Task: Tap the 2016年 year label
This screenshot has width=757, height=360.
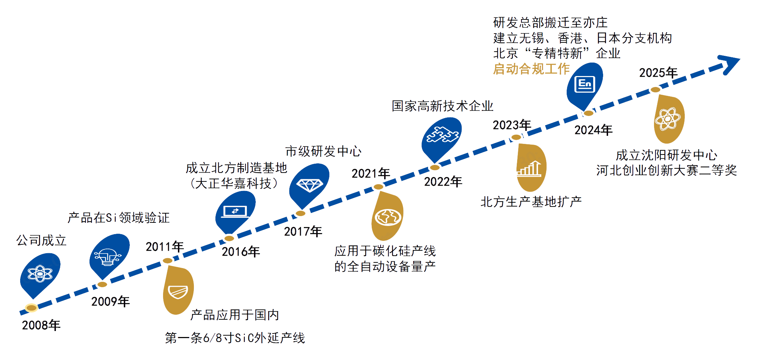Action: [240, 251]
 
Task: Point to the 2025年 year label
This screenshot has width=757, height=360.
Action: [658, 72]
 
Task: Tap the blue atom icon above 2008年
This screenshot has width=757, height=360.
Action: [40, 273]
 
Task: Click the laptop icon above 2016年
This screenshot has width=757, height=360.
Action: [235, 211]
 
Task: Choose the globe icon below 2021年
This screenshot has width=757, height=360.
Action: [388, 217]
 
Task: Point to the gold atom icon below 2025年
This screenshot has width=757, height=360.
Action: [667, 119]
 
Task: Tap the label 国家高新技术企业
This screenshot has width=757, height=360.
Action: [443, 106]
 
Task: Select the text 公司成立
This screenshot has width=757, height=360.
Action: [41, 240]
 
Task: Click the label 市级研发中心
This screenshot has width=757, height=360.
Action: [323, 151]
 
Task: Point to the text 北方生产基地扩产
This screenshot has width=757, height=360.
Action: [531, 202]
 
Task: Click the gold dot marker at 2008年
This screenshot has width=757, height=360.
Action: [31, 308]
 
